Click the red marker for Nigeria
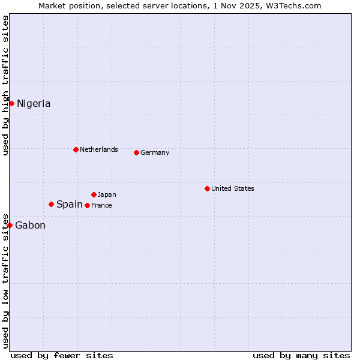point(11,103)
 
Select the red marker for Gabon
point(10,225)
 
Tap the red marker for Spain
point(51,204)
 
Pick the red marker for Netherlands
point(76,149)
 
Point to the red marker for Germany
point(136,152)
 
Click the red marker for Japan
point(94,194)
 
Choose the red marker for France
point(87,205)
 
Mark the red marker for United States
point(207,188)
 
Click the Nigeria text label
point(34,103)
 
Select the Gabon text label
point(30,226)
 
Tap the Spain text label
point(70,205)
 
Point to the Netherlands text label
point(99,149)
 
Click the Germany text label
point(155,152)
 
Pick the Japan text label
point(107,194)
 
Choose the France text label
point(101,205)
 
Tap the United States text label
point(233,188)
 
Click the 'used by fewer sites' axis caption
point(62,355)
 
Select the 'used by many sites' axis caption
point(301,355)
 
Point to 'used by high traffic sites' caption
point(5,85)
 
